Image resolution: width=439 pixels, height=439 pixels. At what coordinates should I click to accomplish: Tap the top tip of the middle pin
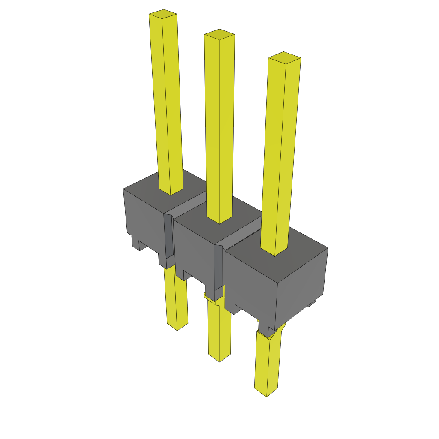(219, 35)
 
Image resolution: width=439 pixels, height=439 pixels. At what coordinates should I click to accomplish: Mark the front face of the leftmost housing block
(144, 223)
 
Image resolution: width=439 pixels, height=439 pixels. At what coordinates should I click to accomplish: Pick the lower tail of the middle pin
(219, 330)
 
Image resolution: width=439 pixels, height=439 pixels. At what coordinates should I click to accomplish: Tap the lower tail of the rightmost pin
(268, 364)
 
